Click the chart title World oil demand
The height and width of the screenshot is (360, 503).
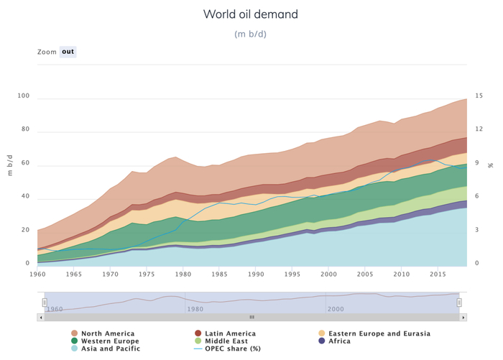click(250, 14)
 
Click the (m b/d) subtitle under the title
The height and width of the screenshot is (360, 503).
click(250, 34)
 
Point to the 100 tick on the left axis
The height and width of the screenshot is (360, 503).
click(24, 96)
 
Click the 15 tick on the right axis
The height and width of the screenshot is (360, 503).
click(479, 96)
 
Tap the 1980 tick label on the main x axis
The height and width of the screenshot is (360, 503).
click(183, 274)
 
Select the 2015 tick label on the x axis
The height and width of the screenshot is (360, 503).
click(438, 274)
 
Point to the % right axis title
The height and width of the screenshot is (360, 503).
click(491, 165)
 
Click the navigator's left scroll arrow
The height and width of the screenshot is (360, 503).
click(41, 317)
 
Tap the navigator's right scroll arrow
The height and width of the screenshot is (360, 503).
click(463, 317)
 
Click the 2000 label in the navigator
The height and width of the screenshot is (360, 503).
click(336, 309)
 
